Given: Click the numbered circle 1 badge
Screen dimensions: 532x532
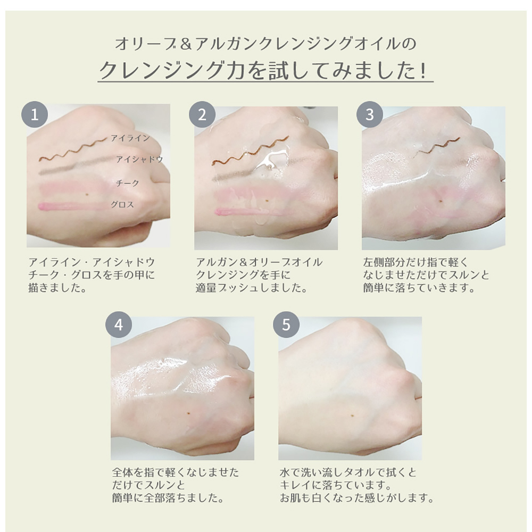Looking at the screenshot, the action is [34, 115].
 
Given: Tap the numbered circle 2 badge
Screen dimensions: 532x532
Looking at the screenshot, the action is [202, 115].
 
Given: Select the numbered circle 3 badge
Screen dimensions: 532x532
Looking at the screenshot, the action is [370, 115].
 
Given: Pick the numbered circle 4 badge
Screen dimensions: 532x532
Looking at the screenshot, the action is [119, 325].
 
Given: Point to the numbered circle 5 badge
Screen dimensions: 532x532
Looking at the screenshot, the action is [286, 325].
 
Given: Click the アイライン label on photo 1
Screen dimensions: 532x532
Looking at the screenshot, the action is [131, 138].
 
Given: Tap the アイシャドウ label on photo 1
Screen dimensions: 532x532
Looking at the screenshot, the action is [140, 160].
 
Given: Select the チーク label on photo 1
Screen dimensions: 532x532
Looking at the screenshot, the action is [128, 183].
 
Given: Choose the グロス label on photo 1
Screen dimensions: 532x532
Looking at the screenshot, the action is [122, 205].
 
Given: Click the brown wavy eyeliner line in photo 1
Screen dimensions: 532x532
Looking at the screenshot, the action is [73, 149].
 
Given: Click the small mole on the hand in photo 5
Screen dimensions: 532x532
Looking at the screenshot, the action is [354, 416].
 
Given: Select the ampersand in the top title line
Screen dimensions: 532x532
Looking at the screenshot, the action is [186, 44].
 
